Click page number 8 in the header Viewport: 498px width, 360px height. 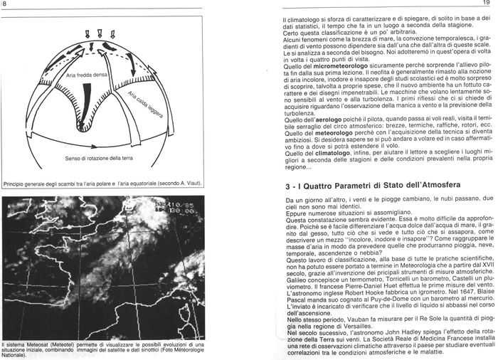coord(4,5)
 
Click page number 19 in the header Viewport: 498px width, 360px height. coord(489,5)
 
